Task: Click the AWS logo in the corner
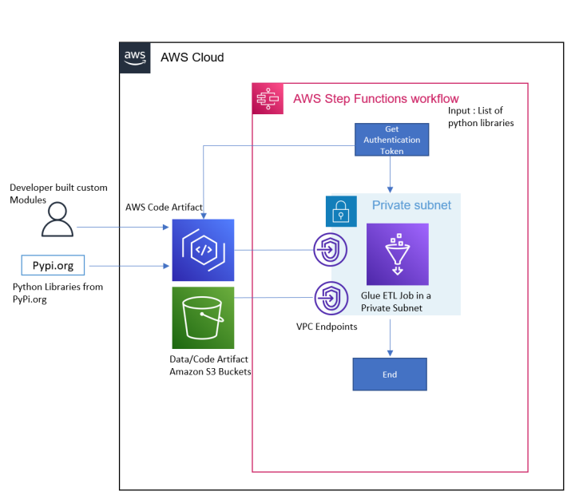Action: coord(134,57)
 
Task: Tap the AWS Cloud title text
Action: coord(192,57)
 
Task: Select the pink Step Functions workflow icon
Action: coord(267,98)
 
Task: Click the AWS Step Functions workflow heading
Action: coord(375,99)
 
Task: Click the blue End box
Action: coord(390,374)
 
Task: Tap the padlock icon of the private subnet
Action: coord(341,211)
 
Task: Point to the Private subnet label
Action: coord(411,205)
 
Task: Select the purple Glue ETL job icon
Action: coord(397,254)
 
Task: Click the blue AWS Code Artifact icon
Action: coord(203,250)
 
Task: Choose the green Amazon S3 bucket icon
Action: coord(203,318)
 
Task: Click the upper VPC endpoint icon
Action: coord(331,249)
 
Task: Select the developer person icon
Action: coord(57,221)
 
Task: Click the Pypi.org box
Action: coord(53,265)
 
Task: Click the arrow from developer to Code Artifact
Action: coord(124,228)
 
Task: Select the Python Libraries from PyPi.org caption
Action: coord(57,291)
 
